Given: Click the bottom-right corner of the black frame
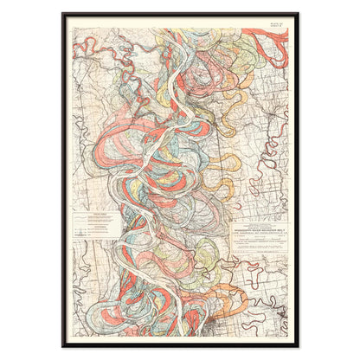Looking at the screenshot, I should [298, 346].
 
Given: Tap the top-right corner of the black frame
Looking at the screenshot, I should [298, 14].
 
